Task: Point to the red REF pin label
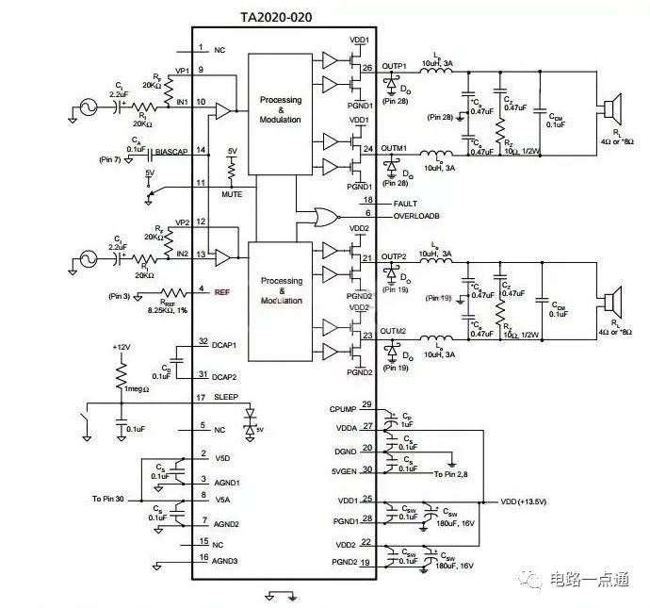point(222,291)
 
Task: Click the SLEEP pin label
point(227,397)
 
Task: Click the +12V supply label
point(120,348)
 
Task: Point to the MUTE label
point(232,194)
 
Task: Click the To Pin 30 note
point(113,498)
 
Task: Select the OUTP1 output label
point(394,66)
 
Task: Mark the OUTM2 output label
point(394,332)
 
